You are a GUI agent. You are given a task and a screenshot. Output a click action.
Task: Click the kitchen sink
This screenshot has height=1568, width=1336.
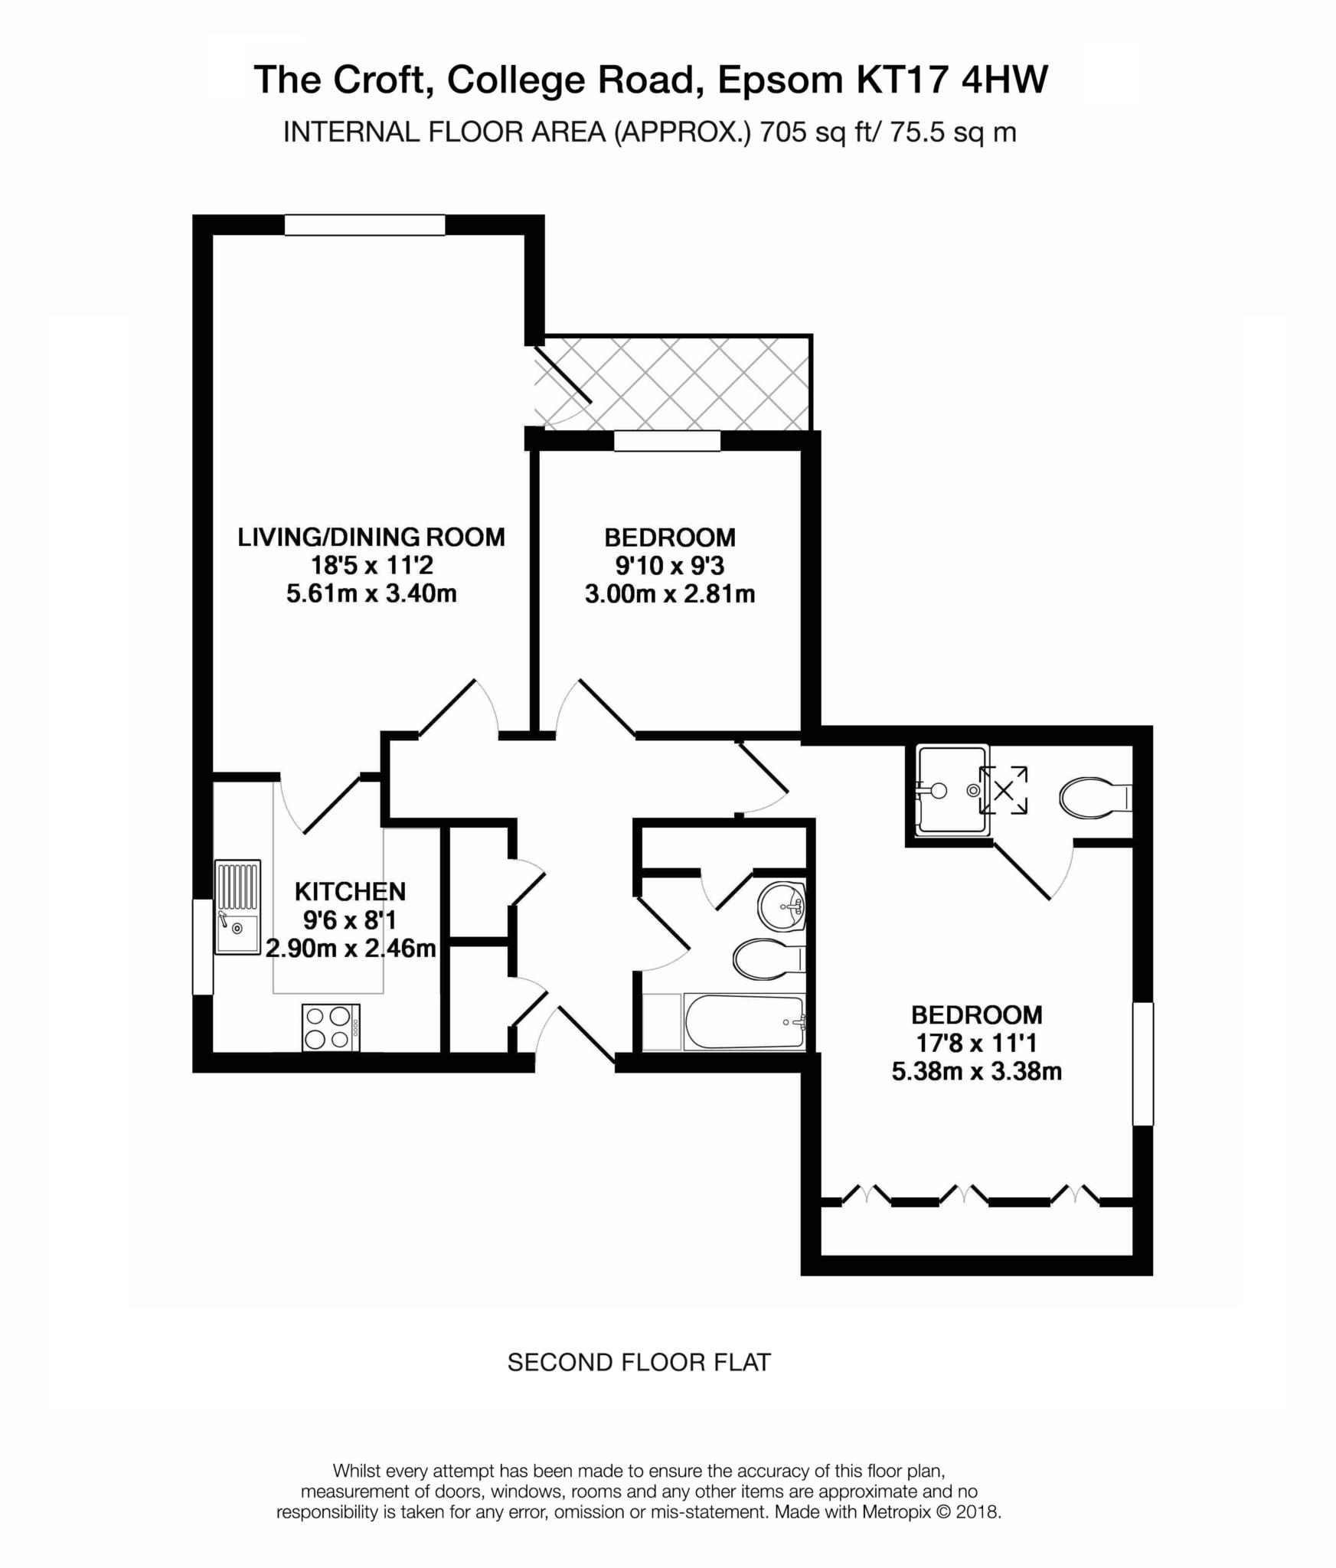pyautogui.click(x=237, y=907)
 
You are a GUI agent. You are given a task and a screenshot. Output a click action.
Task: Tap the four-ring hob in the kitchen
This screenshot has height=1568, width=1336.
pyautogui.click(x=332, y=1027)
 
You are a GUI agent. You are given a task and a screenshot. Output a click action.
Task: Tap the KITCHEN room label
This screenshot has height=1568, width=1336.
pyautogui.click(x=350, y=891)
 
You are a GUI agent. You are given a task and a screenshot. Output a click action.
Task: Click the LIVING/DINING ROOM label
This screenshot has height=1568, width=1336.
pyautogui.click(x=371, y=537)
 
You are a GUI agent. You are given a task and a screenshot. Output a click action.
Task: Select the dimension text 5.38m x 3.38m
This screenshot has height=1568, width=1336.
pyautogui.click(x=976, y=1071)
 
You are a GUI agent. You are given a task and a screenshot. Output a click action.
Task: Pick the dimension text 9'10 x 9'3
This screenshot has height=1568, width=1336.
pyautogui.click(x=670, y=566)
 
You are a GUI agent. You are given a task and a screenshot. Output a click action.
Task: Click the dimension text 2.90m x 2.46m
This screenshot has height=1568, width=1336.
pyautogui.click(x=351, y=949)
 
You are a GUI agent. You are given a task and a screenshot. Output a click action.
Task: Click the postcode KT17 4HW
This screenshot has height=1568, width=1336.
pyautogui.click(x=952, y=80)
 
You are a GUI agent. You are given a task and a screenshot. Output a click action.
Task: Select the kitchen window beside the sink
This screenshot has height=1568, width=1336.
pyautogui.click(x=202, y=947)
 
